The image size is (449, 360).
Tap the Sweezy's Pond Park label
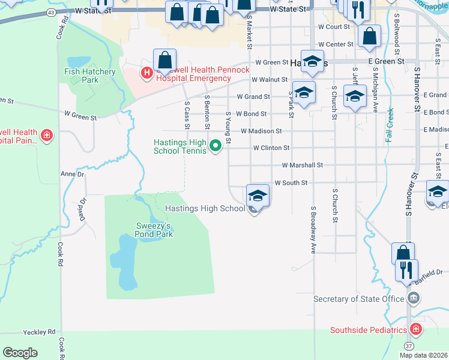coord(153,230)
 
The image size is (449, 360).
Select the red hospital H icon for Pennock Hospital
coord(145,73)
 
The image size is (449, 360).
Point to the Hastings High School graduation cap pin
coord(258,196)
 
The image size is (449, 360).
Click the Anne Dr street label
coord(73,174)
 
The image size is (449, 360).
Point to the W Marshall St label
coord(303,165)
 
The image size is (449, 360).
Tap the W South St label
coord(291,182)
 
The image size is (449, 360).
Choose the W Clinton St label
coord(271,148)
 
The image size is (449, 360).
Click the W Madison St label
coord(261,131)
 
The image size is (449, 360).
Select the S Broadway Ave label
coord(313,230)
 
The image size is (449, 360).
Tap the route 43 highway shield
coord(51,12)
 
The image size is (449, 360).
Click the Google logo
coord(20,353)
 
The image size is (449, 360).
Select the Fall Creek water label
coord(389,125)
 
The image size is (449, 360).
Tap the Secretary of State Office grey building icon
coord(413,298)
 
